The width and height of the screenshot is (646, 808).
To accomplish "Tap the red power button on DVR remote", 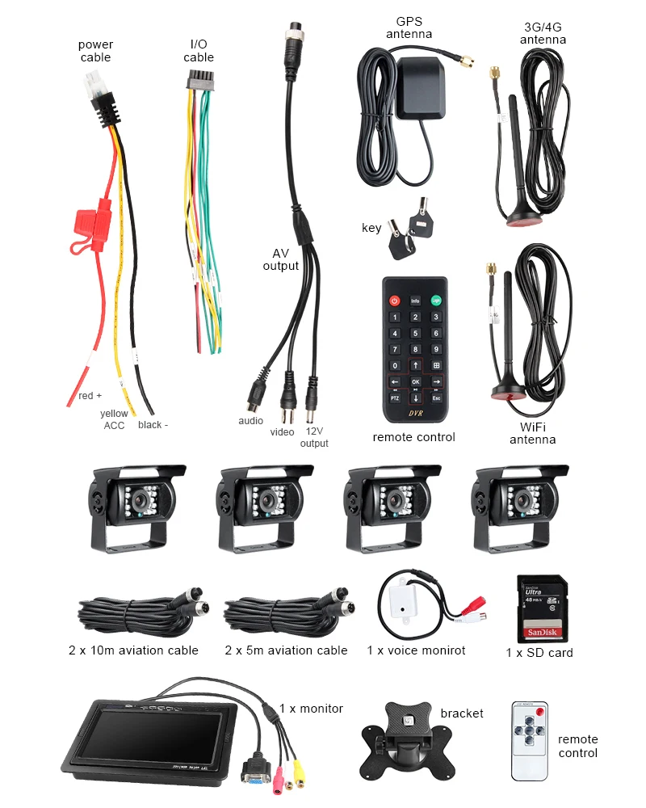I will [395, 301].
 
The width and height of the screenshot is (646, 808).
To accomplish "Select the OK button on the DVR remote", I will [415, 381].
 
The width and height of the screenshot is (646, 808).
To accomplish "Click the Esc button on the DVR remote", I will [436, 398].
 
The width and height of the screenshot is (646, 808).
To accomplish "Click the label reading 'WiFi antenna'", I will [532, 433].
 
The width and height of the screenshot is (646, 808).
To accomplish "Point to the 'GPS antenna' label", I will [409, 27].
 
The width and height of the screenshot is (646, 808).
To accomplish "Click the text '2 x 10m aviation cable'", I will [133, 650].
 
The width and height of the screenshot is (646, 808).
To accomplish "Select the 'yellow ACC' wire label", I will [114, 419].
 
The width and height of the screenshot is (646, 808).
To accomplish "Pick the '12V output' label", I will [314, 437].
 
